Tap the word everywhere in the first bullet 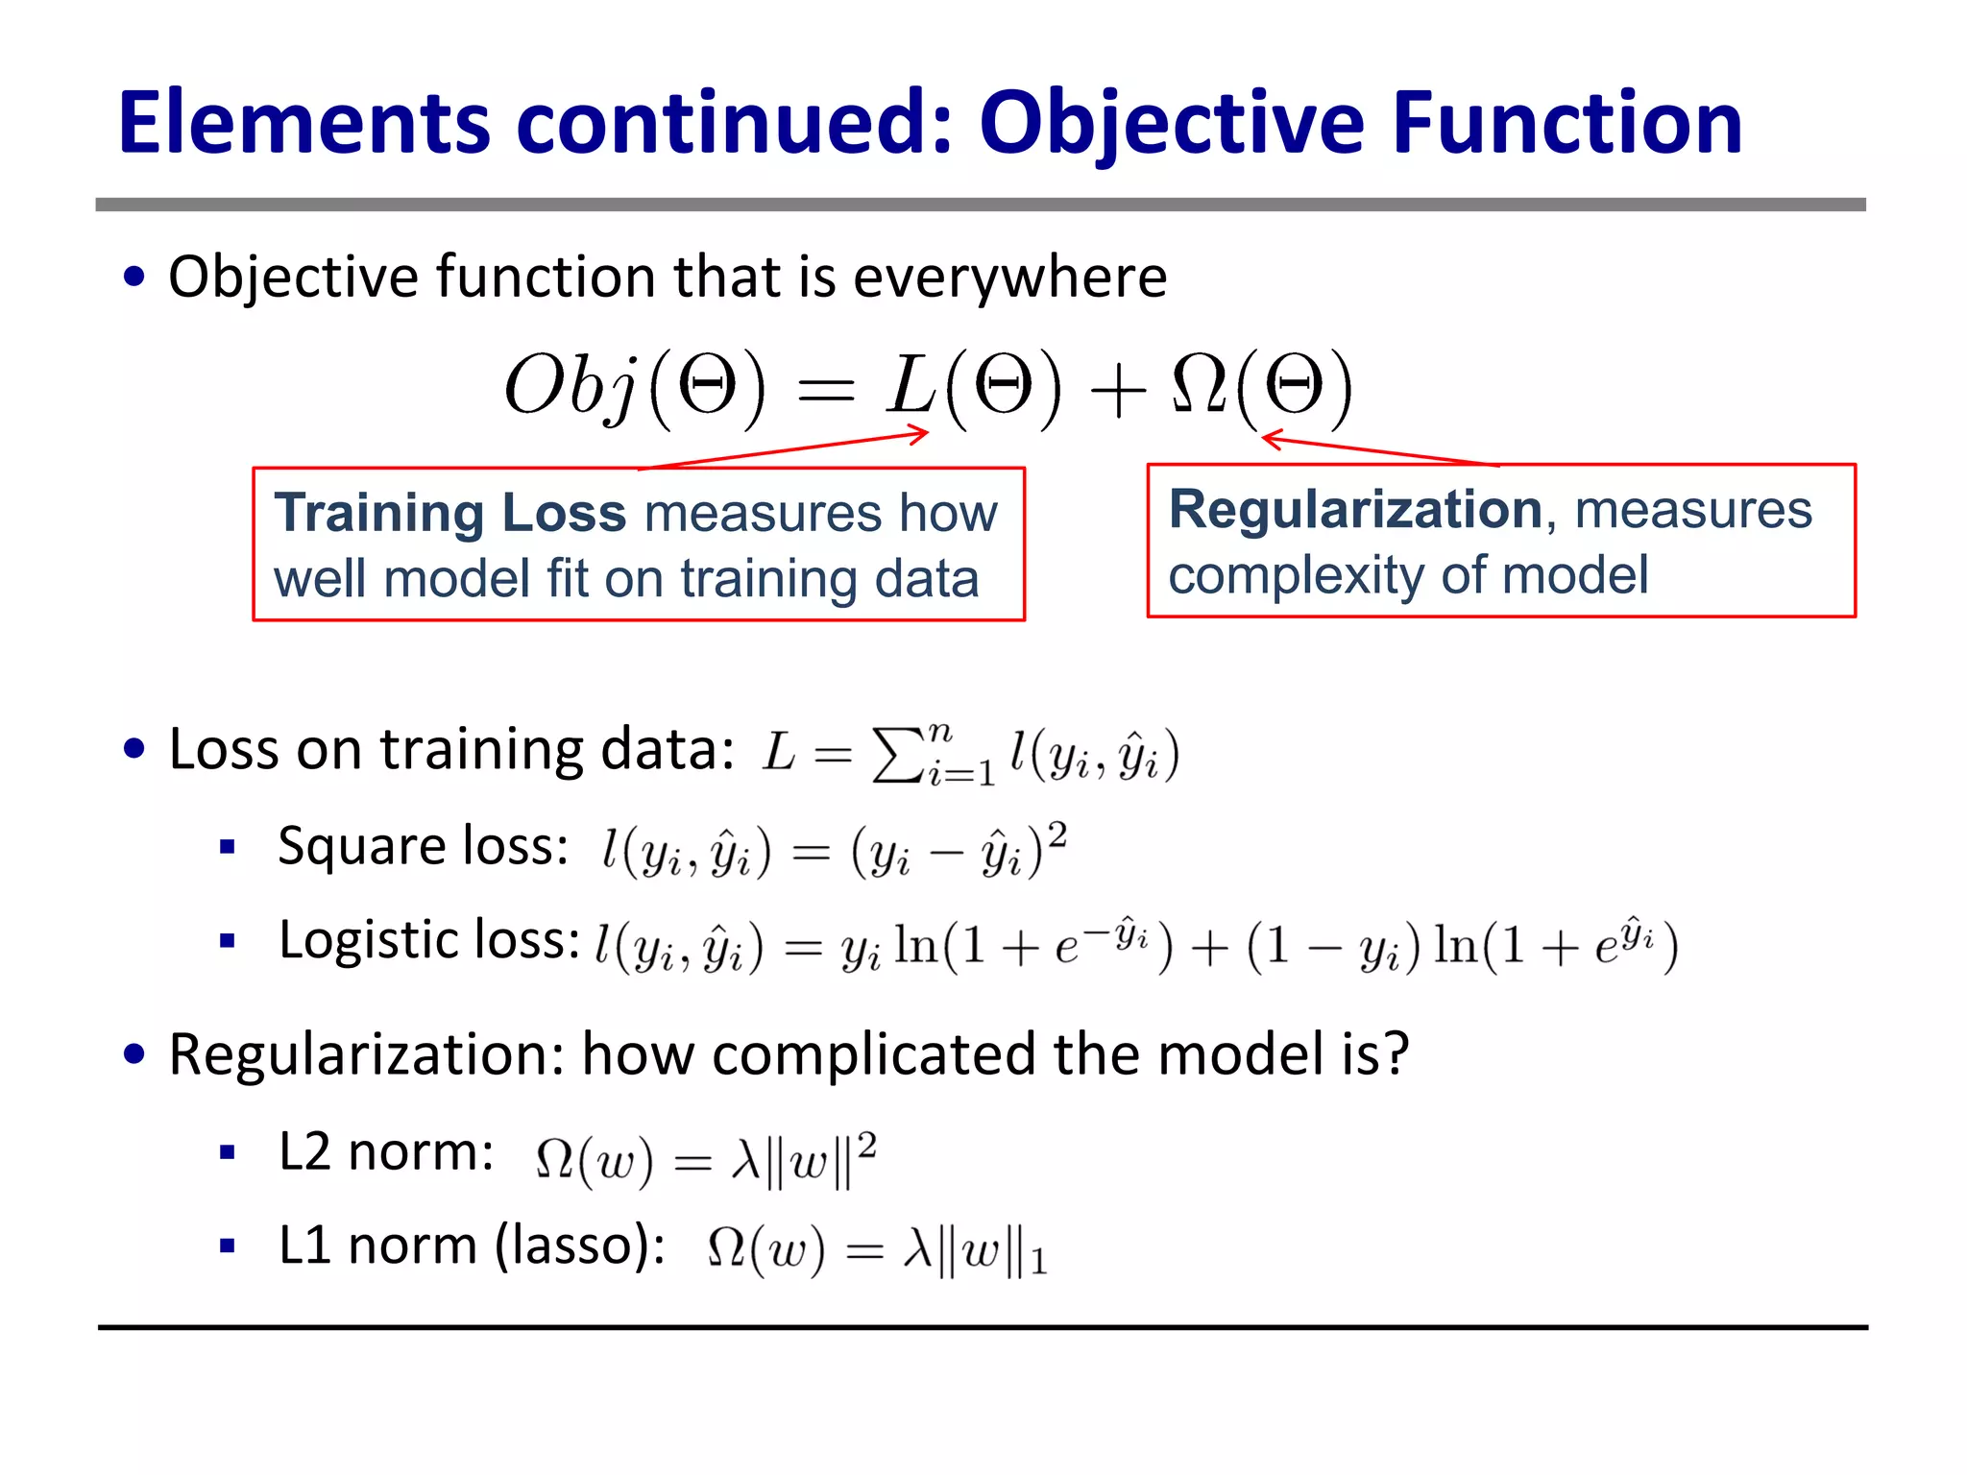[1009, 278]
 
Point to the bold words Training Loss [449, 512]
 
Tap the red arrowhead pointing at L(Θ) [921, 435]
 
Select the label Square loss [423, 846]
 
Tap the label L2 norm [386, 1151]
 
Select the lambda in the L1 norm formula [918, 1249]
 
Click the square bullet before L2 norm [228, 1152]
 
